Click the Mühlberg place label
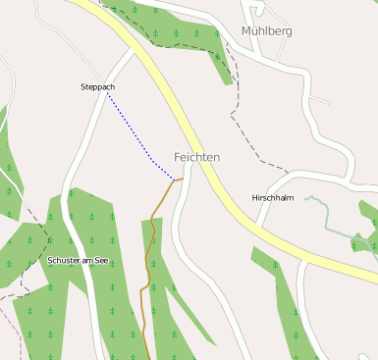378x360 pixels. (x=266, y=30)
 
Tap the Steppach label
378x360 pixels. (x=97, y=87)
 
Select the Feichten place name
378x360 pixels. (x=196, y=157)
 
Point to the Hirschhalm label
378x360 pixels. (x=273, y=197)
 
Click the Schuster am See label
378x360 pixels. (x=78, y=260)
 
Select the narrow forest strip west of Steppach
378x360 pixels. (x=9, y=167)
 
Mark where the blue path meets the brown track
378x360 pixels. (x=175, y=180)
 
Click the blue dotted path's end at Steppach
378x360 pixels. (x=107, y=95)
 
